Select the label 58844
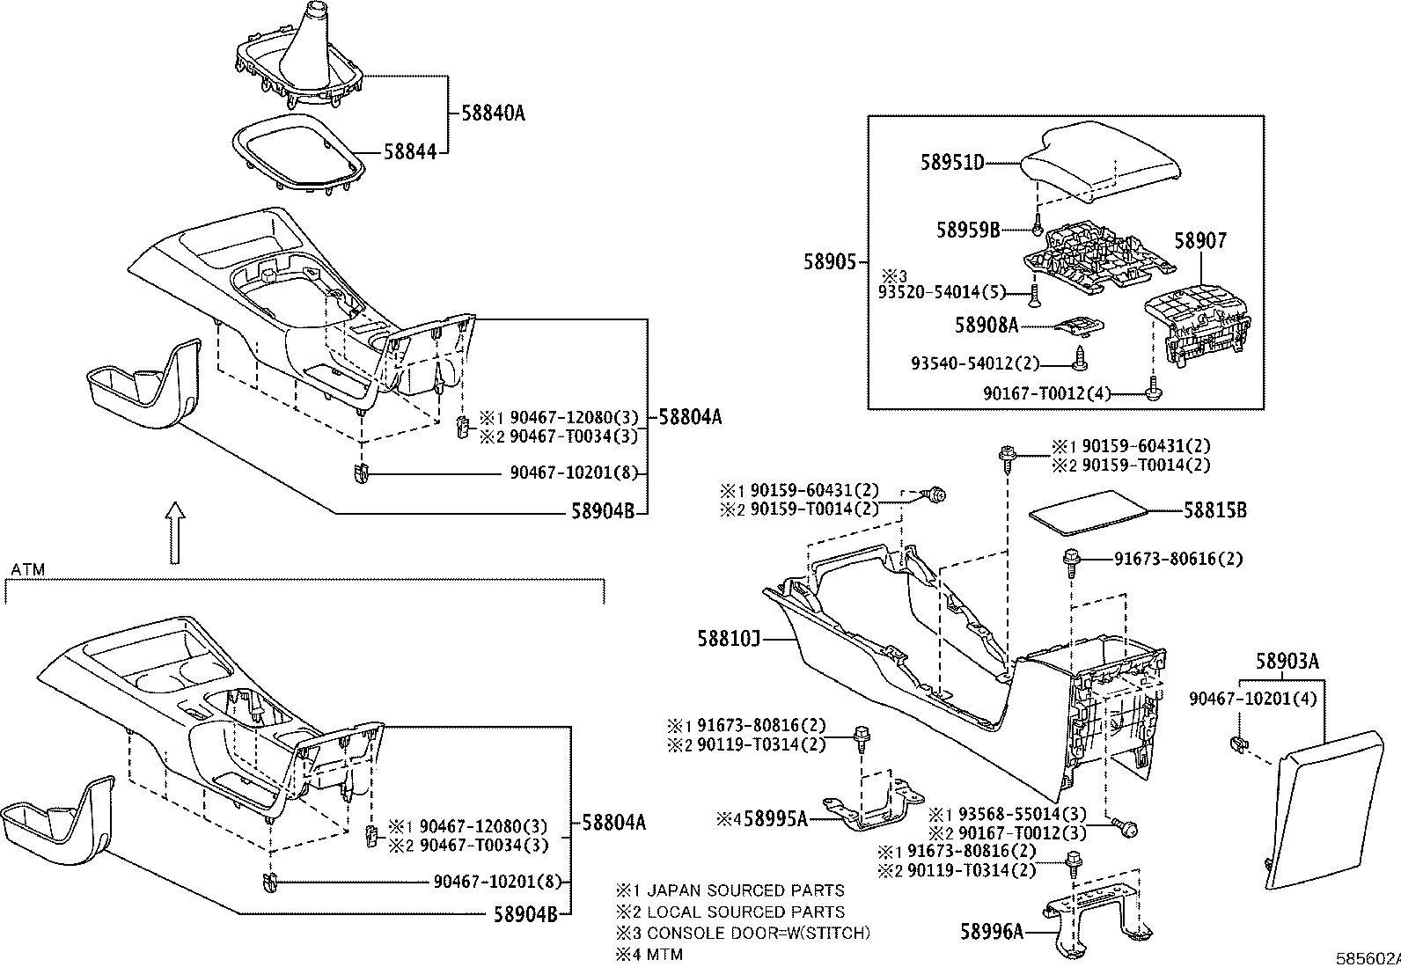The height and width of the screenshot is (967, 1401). click(x=409, y=151)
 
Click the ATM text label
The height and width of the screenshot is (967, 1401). click(x=27, y=570)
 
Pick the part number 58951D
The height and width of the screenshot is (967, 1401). click(x=952, y=162)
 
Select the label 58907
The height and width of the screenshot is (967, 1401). click(x=1201, y=240)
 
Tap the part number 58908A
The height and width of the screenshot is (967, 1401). click(x=986, y=326)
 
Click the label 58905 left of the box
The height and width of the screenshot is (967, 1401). click(x=829, y=261)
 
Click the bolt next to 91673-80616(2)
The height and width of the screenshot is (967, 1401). click(x=1073, y=559)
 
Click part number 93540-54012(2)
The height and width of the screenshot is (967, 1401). click(x=975, y=363)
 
